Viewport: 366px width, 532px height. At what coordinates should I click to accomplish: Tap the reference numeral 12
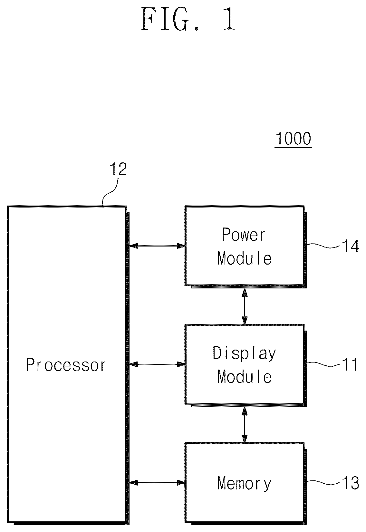pyautogui.click(x=118, y=169)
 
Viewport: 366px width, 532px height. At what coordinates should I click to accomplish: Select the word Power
pyautogui.click(x=244, y=235)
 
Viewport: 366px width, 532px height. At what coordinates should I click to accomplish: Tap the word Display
pyautogui.click(x=244, y=354)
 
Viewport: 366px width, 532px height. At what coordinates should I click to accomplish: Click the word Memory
pyautogui.click(x=244, y=484)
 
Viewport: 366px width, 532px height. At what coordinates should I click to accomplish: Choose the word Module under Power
pyautogui.click(x=245, y=258)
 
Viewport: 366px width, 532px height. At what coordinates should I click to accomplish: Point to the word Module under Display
pyautogui.click(x=245, y=377)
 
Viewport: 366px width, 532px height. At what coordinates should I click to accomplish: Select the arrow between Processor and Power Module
pyautogui.click(x=157, y=246)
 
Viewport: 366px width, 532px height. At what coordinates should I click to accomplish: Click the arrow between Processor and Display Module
pyautogui.click(x=157, y=364)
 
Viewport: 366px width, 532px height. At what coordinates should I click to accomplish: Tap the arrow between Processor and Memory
pyautogui.click(x=157, y=482)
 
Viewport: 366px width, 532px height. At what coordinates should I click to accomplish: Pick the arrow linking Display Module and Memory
pyautogui.click(x=245, y=425)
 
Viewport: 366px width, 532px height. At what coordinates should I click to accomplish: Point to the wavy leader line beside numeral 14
pyautogui.click(x=323, y=246)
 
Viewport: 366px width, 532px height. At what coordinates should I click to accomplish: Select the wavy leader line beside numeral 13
pyautogui.click(x=323, y=483)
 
